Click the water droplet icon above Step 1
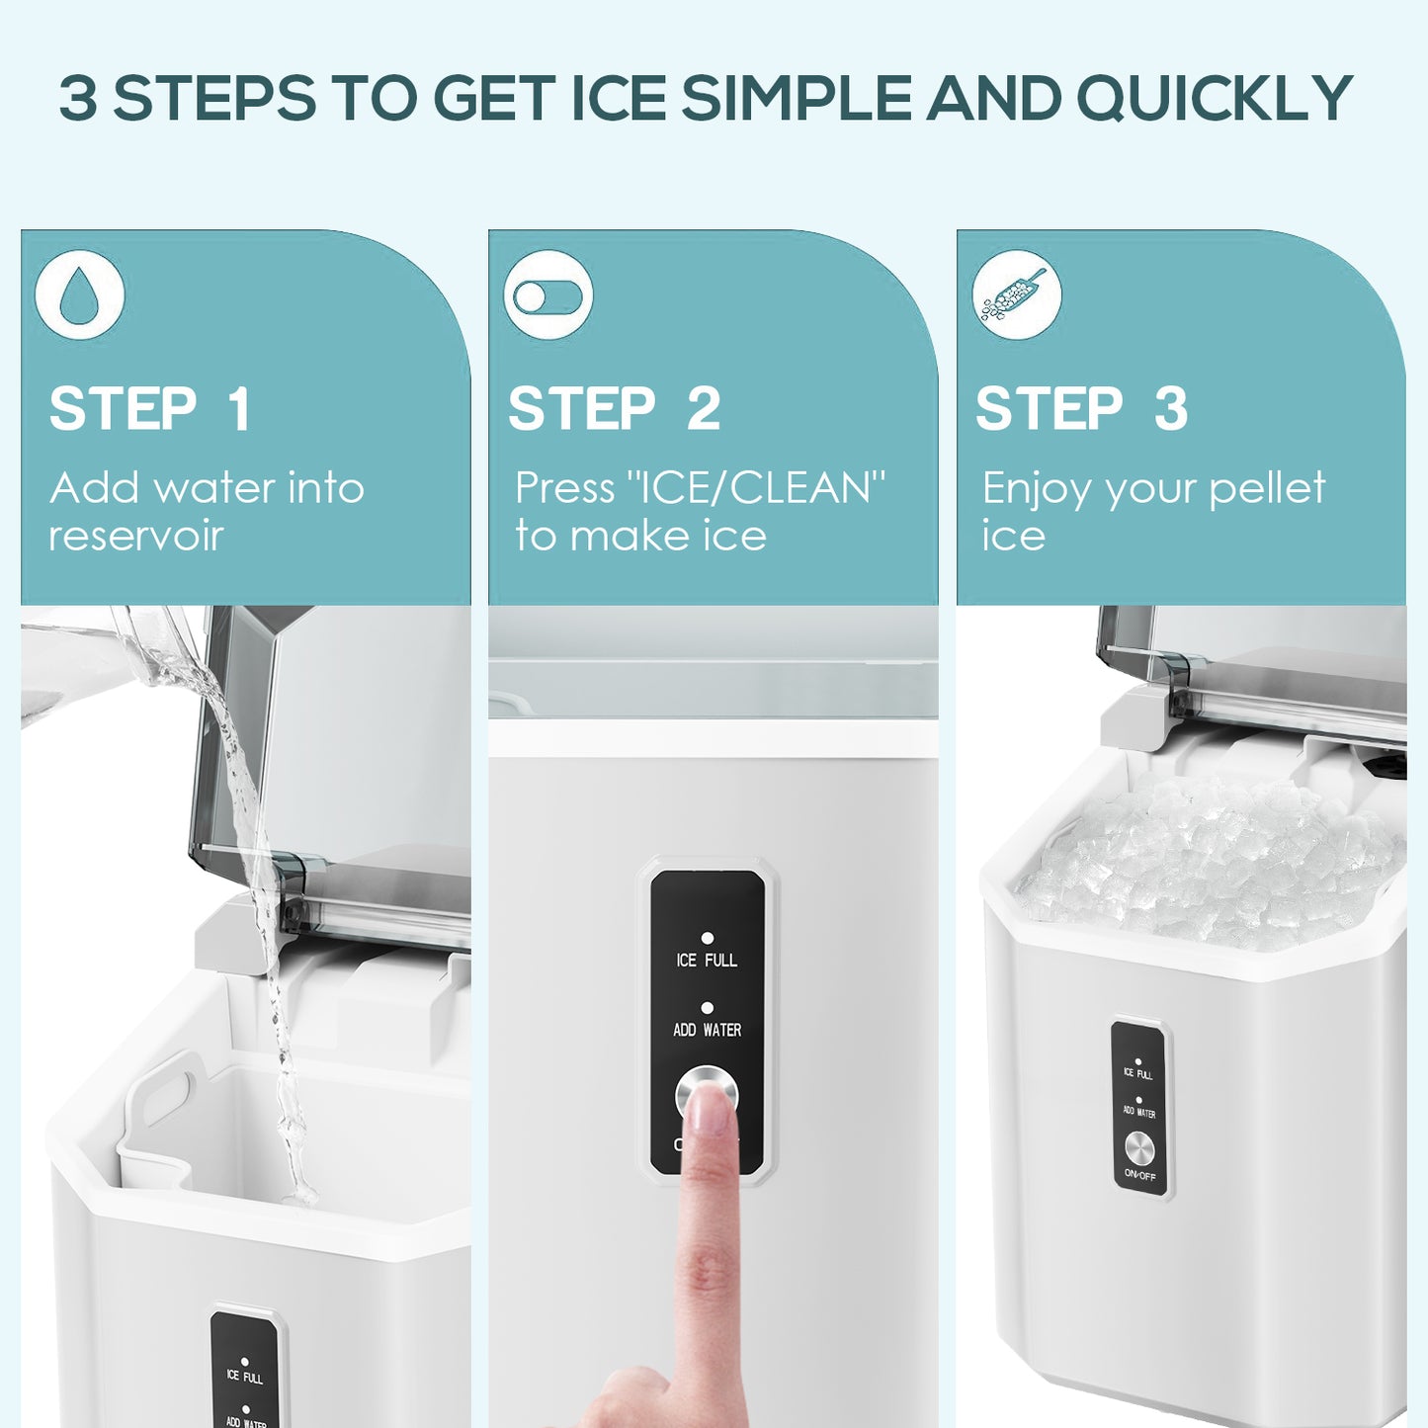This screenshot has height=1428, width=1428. click(x=79, y=294)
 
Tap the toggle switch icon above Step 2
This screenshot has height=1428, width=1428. click(x=548, y=295)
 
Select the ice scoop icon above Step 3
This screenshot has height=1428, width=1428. click(x=1016, y=295)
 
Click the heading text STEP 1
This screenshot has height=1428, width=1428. click(x=150, y=409)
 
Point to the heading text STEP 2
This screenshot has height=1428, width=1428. click(x=615, y=409)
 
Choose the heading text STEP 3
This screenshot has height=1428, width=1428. click(x=1082, y=409)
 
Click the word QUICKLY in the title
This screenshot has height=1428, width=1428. click(x=1214, y=99)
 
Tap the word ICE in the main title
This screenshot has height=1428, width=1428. click(x=619, y=99)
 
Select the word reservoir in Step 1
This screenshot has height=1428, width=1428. click(x=136, y=536)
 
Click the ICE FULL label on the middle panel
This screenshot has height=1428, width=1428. click(x=707, y=960)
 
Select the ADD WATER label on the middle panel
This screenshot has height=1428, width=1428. click(x=707, y=1030)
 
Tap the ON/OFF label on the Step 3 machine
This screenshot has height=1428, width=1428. click(x=1139, y=1175)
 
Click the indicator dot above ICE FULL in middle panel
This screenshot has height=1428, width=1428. click(x=707, y=938)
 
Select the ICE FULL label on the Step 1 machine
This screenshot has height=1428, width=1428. click(x=244, y=1377)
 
